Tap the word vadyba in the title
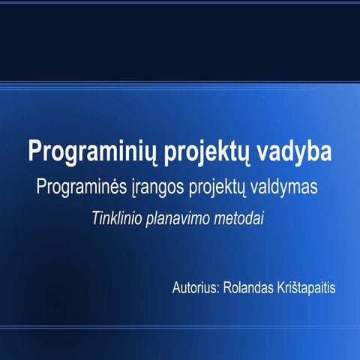290,151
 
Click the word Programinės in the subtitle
88,187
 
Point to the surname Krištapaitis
307,288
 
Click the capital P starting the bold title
34,150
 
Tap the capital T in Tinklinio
97,218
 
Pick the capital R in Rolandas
226,287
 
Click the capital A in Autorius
176,287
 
